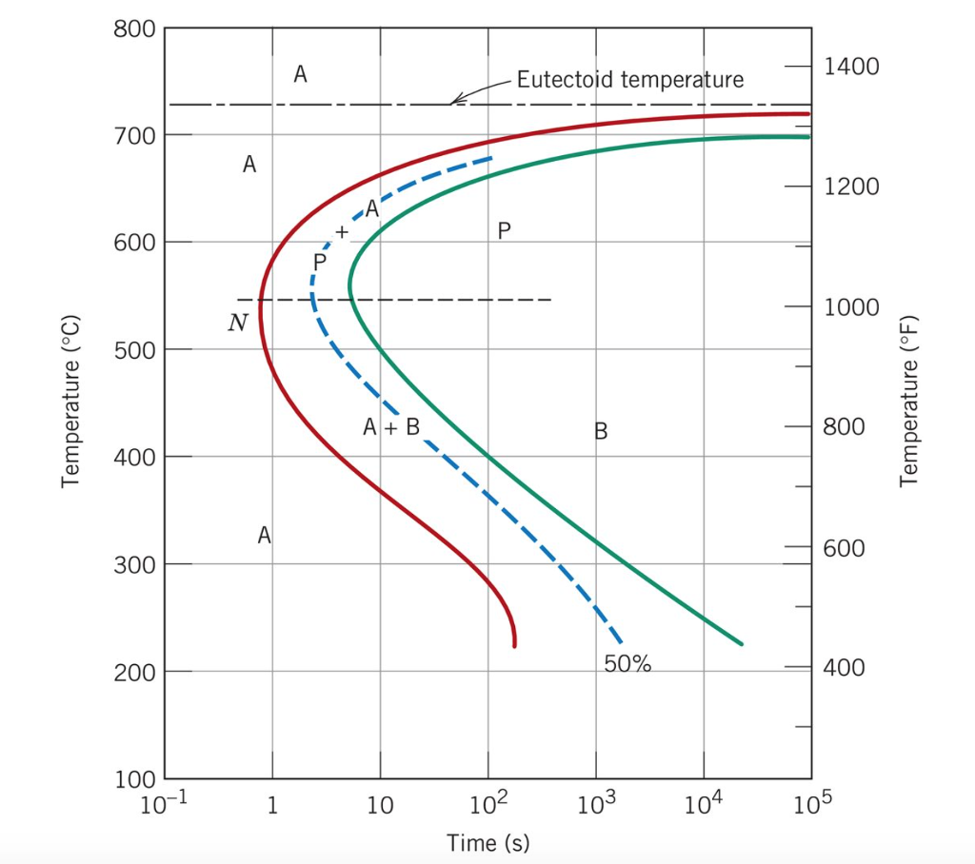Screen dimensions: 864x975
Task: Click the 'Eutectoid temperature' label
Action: pyautogui.click(x=629, y=79)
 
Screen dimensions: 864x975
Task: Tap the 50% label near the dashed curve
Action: pyautogui.click(x=627, y=664)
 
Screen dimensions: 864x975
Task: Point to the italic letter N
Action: pyautogui.click(x=237, y=324)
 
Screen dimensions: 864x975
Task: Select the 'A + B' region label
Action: pyautogui.click(x=391, y=427)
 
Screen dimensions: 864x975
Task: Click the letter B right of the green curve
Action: pyautogui.click(x=601, y=432)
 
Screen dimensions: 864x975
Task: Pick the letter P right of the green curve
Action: pyautogui.click(x=505, y=230)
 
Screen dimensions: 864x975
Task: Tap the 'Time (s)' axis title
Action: pyautogui.click(x=488, y=843)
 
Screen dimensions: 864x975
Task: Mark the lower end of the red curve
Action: pyautogui.click(x=514, y=646)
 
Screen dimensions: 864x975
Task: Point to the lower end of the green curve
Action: pyautogui.click(x=741, y=644)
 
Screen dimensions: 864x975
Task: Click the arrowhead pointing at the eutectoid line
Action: pyautogui.click(x=454, y=100)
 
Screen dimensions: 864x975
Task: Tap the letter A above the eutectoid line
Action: pyautogui.click(x=300, y=73)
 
